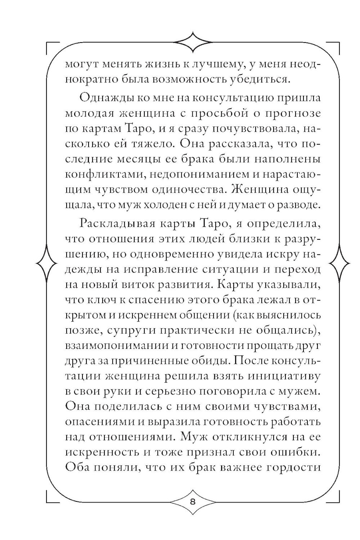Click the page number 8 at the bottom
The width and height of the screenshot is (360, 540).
click(192, 503)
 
